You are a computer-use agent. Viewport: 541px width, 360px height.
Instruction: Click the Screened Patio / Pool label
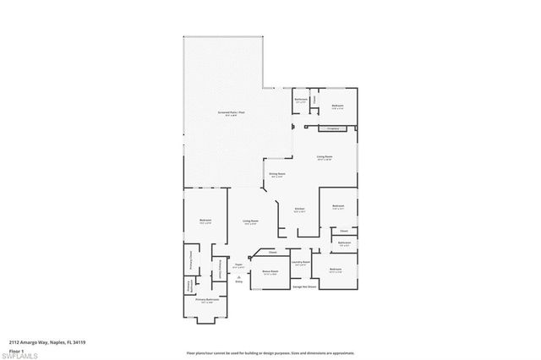tap(232, 112)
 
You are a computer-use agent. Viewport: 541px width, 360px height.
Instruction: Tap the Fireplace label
tap(332, 128)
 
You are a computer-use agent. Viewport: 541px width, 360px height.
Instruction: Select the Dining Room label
tap(276, 174)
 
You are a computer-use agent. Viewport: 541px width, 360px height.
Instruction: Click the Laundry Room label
tap(299, 262)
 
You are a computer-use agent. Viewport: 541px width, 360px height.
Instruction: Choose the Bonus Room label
tap(270, 271)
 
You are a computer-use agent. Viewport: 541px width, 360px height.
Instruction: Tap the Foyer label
tap(239, 265)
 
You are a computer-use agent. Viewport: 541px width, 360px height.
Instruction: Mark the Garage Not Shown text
tap(304, 287)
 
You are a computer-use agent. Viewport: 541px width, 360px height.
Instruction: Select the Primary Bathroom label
tap(208, 300)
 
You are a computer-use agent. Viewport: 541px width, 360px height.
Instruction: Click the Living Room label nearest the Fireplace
tap(324, 157)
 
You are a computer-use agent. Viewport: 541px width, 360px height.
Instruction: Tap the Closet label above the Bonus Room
tap(273, 253)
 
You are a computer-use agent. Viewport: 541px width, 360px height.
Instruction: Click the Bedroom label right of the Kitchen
tap(338, 206)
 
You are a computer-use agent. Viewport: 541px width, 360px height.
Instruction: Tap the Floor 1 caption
tap(15, 349)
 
